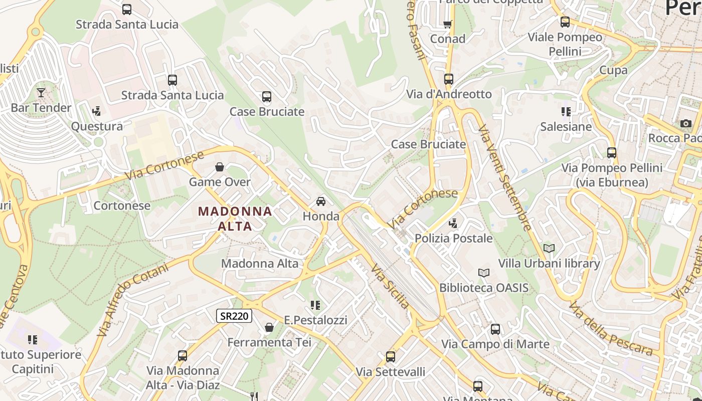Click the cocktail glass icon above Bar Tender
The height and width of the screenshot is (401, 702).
click(x=41, y=92)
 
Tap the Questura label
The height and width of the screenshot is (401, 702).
click(x=97, y=126)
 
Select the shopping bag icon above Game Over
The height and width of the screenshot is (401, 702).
click(x=219, y=167)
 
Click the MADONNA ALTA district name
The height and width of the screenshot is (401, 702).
click(x=235, y=219)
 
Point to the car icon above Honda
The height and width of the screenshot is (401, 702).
click(x=321, y=202)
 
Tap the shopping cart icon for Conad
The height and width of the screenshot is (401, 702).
click(x=447, y=24)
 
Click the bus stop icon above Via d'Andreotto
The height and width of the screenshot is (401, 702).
click(x=448, y=79)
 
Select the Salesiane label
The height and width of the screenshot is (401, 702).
click(x=566, y=126)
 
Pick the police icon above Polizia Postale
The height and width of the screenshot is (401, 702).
click(x=453, y=224)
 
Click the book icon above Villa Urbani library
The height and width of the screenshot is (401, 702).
click(x=549, y=248)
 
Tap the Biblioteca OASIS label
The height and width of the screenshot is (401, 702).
click(x=484, y=288)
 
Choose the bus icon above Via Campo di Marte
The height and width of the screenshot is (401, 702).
click(x=495, y=329)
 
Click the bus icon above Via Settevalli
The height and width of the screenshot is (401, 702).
click(x=391, y=357)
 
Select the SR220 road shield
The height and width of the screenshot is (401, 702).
click(x=234, y=316)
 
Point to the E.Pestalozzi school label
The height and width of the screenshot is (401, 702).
click(x=315, y=320)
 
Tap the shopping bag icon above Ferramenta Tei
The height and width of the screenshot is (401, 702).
click(x=269, y=327)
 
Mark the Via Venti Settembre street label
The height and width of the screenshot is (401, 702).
click(x=504, y=178)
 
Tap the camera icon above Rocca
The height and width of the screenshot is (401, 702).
click(x=685, y=123)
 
